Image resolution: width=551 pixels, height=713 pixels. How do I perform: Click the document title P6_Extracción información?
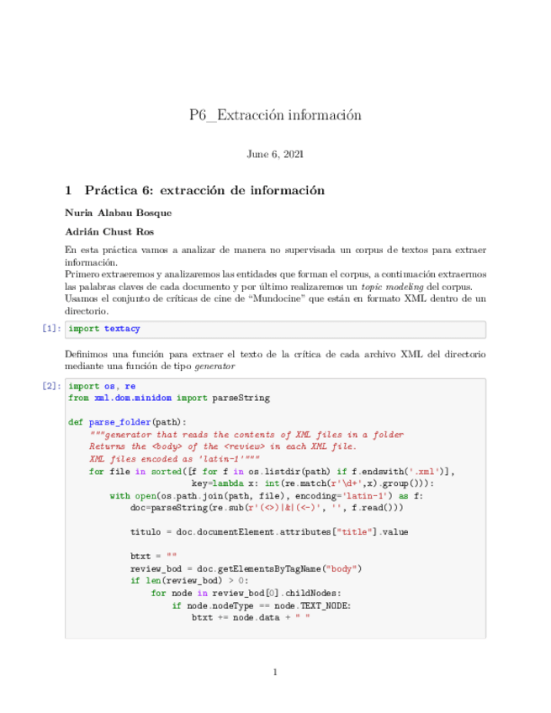coord(275,115)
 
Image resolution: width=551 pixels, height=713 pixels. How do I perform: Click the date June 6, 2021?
coord(275,155)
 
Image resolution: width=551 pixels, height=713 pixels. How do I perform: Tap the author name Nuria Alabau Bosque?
coord(118,212)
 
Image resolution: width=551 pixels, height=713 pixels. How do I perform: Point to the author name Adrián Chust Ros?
coord(109,231)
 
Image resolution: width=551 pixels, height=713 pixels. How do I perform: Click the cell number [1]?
coord(50,329)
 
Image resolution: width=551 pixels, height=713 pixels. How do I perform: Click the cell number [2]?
coord(50,387)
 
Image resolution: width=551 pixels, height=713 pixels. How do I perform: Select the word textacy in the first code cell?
coord(123,329)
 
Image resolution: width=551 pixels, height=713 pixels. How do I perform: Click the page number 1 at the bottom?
coord(275,672)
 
